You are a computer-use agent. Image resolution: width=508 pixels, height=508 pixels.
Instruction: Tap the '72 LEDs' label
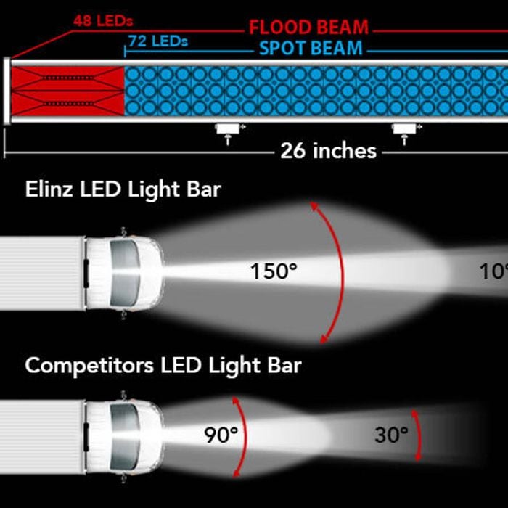157,41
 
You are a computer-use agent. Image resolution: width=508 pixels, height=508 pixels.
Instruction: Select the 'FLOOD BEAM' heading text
308,28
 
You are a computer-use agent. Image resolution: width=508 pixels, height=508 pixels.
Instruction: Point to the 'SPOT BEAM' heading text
311,49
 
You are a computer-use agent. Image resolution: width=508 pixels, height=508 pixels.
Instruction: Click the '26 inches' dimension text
329,151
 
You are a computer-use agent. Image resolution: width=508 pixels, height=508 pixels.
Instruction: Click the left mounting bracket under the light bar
229,130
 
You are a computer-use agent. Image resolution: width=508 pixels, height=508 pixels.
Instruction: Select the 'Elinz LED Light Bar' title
123,191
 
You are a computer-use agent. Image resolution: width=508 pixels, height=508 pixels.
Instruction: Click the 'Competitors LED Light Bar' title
163,364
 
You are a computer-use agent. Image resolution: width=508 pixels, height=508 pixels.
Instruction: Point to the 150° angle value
274,272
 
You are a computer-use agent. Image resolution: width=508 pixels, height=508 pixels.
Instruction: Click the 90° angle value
221,435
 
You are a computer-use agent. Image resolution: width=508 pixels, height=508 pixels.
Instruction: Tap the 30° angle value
391,435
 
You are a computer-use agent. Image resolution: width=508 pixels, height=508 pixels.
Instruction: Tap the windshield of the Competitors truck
125,435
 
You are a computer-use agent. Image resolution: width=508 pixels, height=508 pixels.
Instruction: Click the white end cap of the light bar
7,91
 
